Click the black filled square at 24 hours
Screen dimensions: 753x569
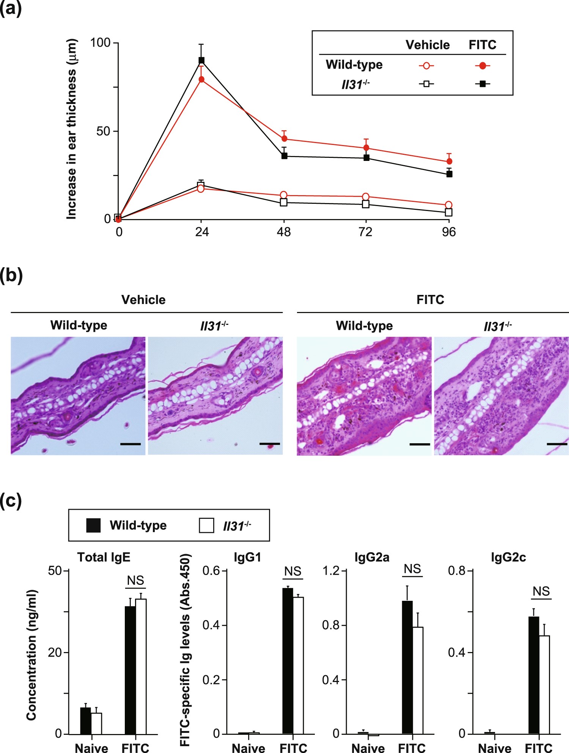[x=201, y=60]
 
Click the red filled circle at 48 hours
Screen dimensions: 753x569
[x=284, y=139]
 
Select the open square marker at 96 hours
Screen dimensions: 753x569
[x=449, y=213]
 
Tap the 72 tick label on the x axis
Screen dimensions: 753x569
[x=366, y=232]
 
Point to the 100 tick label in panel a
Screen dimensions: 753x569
[x=100, y=43]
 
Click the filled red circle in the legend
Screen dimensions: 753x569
[x=482, y=66]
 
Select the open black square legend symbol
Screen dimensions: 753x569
[x=426, y=84]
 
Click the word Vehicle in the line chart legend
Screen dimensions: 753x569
[x=428, y=45]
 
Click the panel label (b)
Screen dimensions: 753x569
[x=11, y=275]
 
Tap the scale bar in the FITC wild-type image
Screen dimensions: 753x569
[x=420, y=444]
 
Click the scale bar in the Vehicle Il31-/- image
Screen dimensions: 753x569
[x=270, y=444]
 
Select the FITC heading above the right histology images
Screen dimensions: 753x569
[x=430, y=300]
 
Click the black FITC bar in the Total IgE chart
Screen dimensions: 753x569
[x=130, y=671]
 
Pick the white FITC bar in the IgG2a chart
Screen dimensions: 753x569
[x=418, y=681]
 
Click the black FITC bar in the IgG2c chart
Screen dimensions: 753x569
[x=533, y=676]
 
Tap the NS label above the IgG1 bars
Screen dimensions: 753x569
[x=292, y=571]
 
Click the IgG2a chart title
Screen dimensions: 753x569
[x=372, y=557]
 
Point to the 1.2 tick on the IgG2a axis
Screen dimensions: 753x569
[x=330, y=571]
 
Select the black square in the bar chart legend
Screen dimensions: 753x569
[x=93, y=526]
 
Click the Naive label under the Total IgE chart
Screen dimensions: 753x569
[x=91, y=748]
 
